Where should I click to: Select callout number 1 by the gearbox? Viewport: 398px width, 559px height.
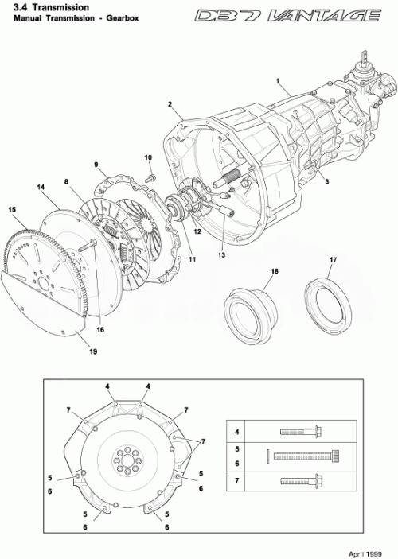(278, 81)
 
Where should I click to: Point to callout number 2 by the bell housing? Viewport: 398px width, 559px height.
(170, 104)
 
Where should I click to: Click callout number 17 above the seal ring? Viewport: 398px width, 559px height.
(333, 261)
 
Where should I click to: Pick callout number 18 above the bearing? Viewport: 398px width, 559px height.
(274, 272)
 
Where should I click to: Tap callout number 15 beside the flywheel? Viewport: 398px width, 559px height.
(12, 209)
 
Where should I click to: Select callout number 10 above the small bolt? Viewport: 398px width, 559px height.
(148, 157)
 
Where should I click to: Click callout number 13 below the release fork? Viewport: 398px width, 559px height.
(222, 255)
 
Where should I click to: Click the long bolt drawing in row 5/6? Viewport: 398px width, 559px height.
(306, 456)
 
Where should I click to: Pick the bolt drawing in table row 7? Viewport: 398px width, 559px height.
(299, 481)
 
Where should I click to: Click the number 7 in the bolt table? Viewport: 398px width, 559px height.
(236, 481)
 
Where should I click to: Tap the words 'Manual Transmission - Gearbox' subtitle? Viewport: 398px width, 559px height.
(66, 17)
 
